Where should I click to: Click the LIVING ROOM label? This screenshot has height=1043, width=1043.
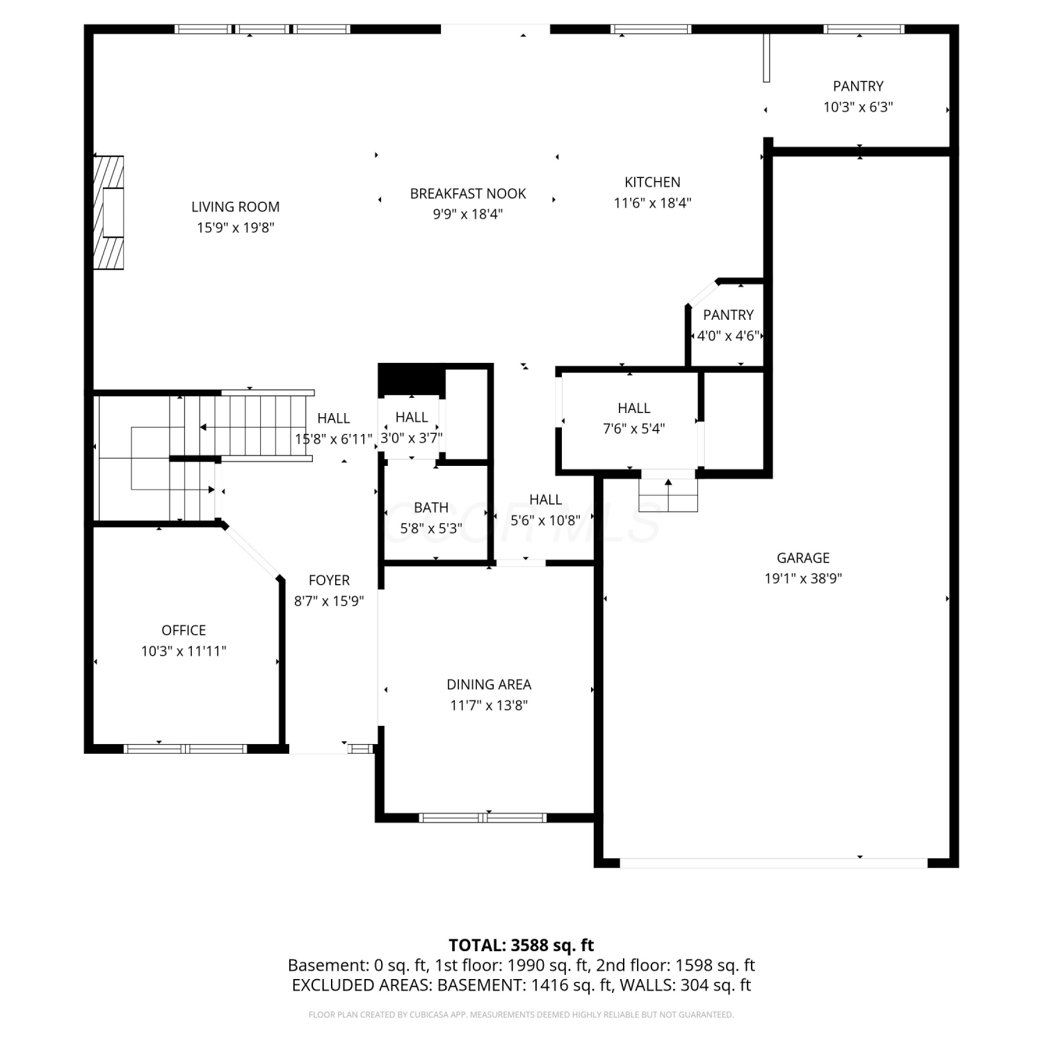[235, 207]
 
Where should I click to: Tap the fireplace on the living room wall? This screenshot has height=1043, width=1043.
[109, 213]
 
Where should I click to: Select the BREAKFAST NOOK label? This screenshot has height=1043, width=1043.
[468, 193]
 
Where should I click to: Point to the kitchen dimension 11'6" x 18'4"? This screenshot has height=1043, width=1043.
[652, 203]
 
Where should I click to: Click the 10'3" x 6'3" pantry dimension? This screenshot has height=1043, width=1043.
[858, 107]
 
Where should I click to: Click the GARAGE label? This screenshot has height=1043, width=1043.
[803, 558]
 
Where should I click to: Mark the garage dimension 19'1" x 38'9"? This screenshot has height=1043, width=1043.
[803, 579]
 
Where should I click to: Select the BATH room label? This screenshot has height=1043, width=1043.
[431, 508]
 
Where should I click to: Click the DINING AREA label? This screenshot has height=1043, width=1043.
[489, 685]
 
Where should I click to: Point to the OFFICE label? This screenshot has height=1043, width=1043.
[184, 630]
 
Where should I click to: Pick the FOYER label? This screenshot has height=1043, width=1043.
[329, 580]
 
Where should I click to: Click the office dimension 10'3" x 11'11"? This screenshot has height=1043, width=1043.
[184, 652]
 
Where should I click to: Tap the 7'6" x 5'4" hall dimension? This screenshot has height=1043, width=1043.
[633, 429]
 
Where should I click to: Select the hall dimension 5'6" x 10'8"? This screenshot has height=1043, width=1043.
[545, 520]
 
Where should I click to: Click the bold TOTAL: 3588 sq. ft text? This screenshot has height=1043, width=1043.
[521, 945]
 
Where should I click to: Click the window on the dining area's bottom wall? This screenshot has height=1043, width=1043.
[484, 818]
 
